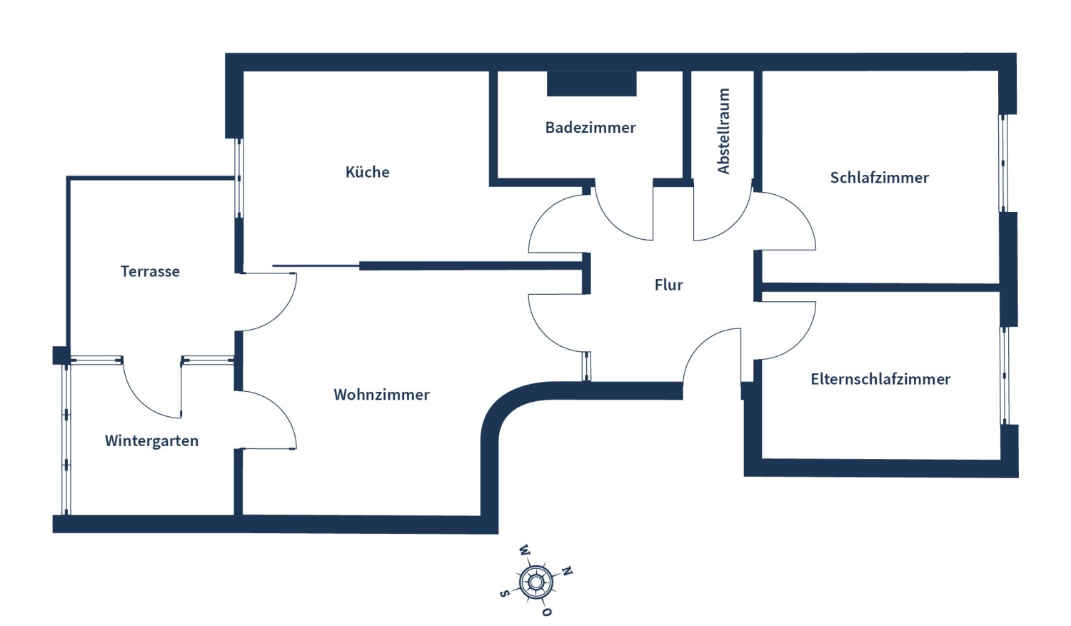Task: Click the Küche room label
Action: coord(367,172)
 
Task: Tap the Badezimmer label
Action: coord(590,128)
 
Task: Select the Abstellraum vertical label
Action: coord(723,131)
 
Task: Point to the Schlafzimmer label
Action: coord(879,178)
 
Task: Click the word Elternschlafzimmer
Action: coord(880,379)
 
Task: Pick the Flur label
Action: coord(668,285)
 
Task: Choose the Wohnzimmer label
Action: coord(381,395)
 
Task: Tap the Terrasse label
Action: coord(150,271)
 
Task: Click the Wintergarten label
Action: coord(151,441)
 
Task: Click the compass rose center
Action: coord(535,582)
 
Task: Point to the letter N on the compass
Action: coord(567,571)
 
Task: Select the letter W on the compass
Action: coord(525,550)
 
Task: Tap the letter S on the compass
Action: coord(504,593)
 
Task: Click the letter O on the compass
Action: coord(546,612)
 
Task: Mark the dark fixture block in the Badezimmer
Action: coord(591,84)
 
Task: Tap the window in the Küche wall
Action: coord(239,178)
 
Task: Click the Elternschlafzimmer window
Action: coord(1005,376)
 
